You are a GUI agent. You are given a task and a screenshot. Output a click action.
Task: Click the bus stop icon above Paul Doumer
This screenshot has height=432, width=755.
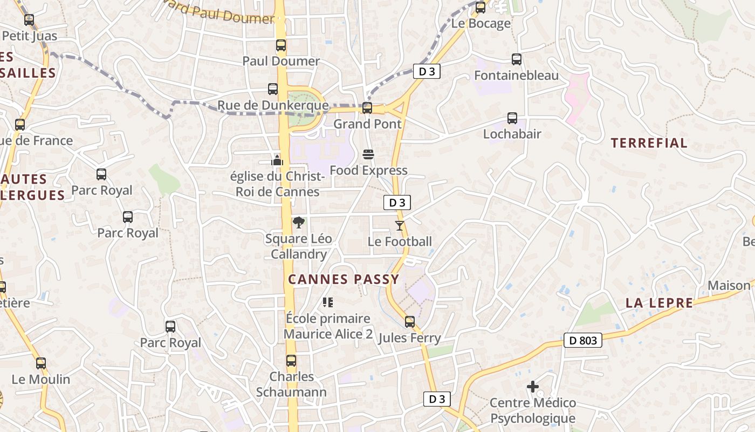pos(281,45)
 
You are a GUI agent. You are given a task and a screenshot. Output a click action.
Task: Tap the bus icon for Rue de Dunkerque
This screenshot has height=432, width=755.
pos(273,89)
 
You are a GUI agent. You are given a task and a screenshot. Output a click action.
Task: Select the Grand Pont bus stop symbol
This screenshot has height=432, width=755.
pos(367,108)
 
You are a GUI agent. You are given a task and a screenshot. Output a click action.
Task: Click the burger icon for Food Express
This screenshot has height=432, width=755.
pos(368,154)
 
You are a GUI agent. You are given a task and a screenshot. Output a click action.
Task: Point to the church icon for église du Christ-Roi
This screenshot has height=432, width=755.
pos(277,160)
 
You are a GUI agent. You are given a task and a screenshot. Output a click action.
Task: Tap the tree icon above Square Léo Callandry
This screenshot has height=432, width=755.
pos(298,222)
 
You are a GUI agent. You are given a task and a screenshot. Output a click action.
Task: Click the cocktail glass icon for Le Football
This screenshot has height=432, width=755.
pos(400,225)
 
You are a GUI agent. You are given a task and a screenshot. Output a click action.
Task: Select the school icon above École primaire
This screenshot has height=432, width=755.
pos(328,302)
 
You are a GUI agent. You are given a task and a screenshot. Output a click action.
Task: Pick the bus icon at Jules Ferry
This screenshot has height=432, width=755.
pos(410,322)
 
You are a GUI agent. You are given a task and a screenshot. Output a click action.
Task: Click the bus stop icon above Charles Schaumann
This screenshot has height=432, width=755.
pos(291,361)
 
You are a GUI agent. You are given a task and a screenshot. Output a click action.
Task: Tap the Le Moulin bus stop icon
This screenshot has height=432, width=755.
pos(41,363)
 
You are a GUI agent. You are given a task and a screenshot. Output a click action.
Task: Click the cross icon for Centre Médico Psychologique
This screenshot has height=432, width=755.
pos(533,387)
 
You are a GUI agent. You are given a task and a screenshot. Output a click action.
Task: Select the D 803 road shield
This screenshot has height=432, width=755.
pos(583,340)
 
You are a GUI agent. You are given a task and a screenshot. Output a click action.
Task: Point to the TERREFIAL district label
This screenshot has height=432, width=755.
pos(649,143)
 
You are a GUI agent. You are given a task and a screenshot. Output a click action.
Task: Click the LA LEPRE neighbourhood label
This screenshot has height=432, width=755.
pos(659,303)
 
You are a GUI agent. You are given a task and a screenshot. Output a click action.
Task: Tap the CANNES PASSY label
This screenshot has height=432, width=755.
pos(344,279)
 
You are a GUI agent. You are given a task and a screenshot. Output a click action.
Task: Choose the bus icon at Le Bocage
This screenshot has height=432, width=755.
pos(481,8)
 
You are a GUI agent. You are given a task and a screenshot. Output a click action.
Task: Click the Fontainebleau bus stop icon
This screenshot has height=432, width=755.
pos(517,59)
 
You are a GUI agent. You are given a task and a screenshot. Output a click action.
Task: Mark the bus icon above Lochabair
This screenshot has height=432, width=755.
pos(512,118)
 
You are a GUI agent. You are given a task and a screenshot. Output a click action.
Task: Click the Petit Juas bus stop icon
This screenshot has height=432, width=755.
pos(29,20)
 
